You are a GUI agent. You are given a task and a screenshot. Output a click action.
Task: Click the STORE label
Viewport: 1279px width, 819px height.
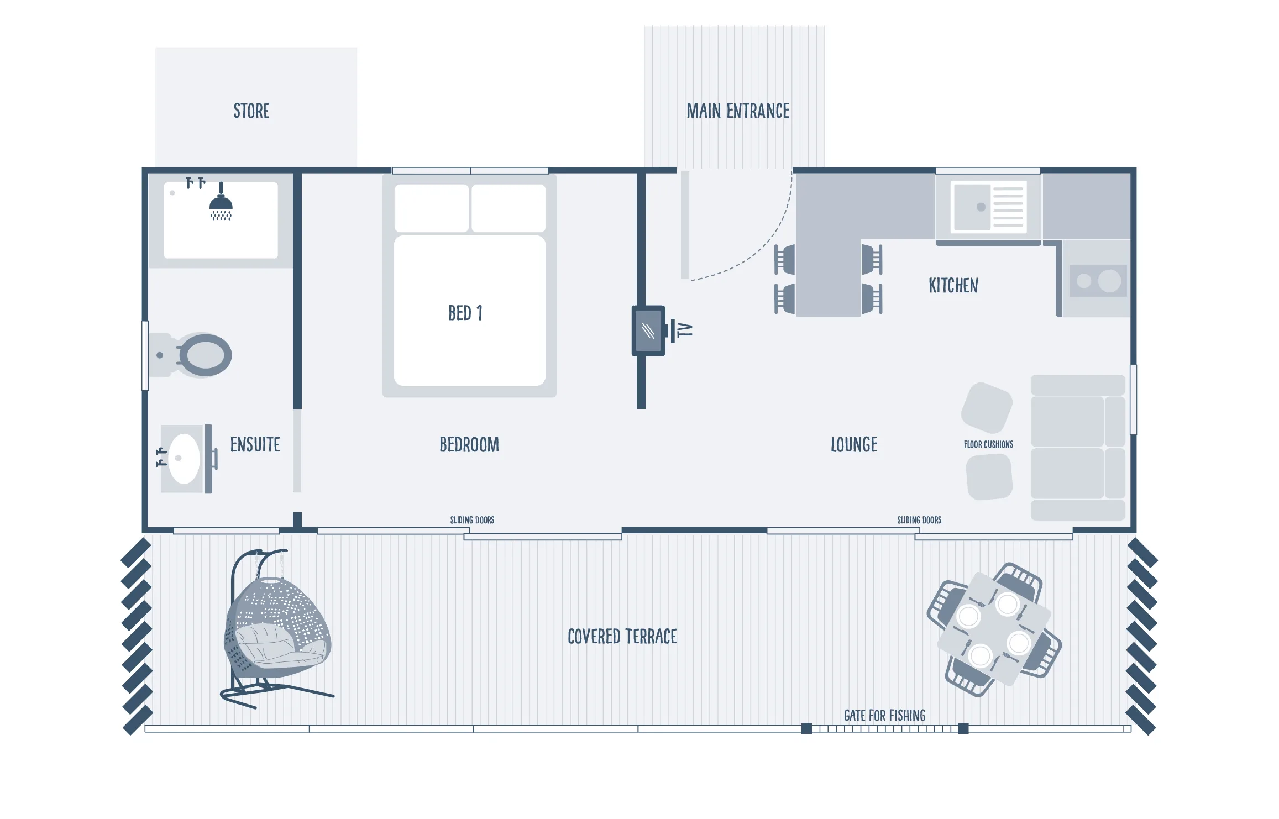[251, 111]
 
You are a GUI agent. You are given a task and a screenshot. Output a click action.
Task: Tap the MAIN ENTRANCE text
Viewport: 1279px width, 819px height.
[738, 111]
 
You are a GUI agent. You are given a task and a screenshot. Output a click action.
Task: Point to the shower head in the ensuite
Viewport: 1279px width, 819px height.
[221, 201]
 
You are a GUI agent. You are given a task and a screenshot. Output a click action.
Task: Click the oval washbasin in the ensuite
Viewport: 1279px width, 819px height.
[184, 458]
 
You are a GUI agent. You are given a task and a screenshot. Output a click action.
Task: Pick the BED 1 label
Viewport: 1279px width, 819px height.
[465, 313]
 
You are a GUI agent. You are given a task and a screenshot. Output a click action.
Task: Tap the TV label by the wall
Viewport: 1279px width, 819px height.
[685, 330]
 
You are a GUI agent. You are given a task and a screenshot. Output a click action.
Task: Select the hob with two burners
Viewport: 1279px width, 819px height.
[1098, 281]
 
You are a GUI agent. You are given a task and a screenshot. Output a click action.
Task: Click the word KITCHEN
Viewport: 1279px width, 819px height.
[953, 286]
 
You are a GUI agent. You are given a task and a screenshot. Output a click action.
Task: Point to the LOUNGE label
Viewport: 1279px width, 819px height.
[854, 445]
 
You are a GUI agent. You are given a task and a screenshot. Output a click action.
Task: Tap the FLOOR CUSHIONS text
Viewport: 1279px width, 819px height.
[988, 444]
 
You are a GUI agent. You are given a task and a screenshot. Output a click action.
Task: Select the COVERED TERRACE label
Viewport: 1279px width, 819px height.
[622, 637]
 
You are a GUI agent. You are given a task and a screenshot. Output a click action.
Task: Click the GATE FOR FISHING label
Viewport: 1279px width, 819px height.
[884, 716]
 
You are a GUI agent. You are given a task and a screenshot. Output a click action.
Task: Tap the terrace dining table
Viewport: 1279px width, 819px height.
[994, 629]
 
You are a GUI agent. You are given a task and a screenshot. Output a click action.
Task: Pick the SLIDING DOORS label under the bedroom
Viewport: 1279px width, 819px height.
[472, 520]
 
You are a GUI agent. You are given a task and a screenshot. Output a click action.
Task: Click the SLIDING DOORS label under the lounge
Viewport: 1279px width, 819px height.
[919, 520]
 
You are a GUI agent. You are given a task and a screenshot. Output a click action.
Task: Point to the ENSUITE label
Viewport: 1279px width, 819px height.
[255, 445]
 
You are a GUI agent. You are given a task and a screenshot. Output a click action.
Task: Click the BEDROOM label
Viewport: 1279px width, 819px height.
[469, 445]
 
